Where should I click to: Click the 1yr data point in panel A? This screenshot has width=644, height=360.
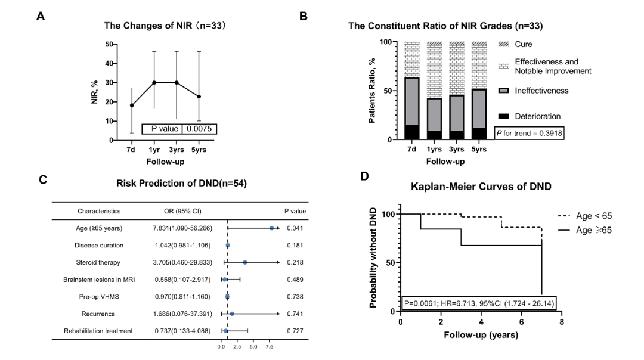pyautogui.click(x=154, y=82)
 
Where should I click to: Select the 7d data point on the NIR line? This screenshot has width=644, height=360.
pyautogui.click(x=132, y=105)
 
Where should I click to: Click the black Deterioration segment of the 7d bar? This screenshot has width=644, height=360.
pyautogui.click(x=412, y=132)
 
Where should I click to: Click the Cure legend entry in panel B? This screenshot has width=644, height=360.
pyautogui.click(x=523, y=44)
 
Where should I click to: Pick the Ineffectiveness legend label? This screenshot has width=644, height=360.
pyautogui.click(x=541, y=91)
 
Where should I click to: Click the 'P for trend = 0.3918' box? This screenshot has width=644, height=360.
pyautogui.click(x=530, y=133)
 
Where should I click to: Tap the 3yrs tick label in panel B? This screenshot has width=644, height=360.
pyautogui.click(x=457, y=150)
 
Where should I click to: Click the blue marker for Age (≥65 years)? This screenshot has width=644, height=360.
pyautogui.click(x=271, y=228)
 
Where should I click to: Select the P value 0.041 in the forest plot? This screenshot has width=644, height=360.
pyautogui.click(x=295, y=228)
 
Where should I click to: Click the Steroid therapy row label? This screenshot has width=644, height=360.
pyautogui.click(x=98, y=262)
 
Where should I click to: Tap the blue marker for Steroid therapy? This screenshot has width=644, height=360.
pyautogui.click(x=245, y=262)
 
